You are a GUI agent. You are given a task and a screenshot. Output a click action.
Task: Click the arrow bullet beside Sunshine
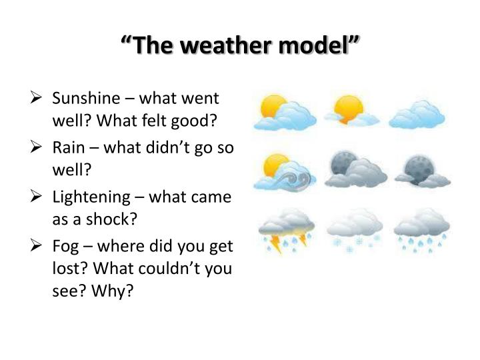38,99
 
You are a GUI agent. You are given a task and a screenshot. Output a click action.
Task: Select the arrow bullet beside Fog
38,246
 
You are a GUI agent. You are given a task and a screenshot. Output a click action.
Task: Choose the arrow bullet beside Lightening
38,197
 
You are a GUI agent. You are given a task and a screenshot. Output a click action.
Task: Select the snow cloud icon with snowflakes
354,229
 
